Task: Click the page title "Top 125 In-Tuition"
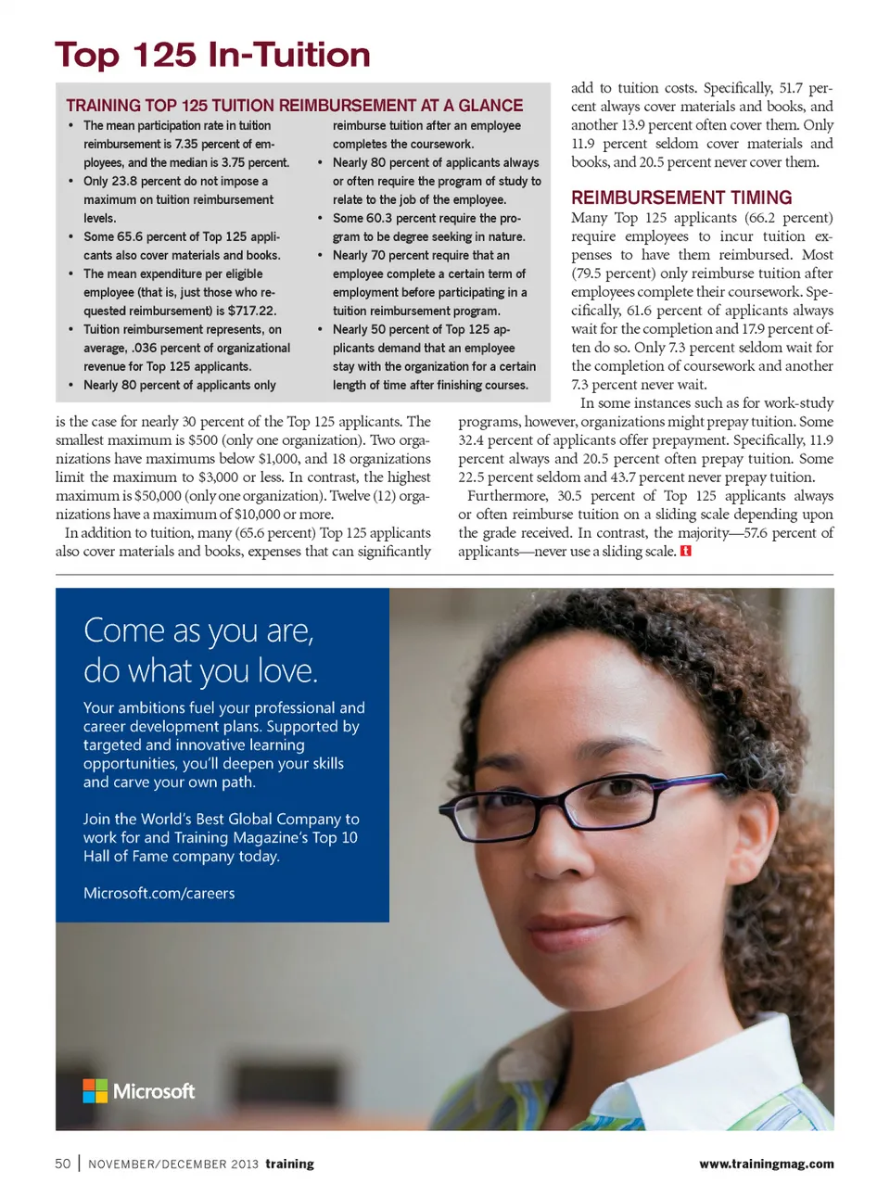[x=212, y=55]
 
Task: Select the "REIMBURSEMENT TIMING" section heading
[x=681, y=197]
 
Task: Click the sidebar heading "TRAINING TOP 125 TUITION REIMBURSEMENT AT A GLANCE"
[x=294, y=106]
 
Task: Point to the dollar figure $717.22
[x=252, y=311]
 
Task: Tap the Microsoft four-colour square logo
[x=95, y=1091]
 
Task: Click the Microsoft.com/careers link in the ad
[x=159, y=893]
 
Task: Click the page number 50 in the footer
[x=62, y=1164]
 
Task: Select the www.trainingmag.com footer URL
[x=766, y=1164]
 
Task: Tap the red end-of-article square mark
[x=686, y=551]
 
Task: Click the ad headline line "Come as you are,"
[x=198, y=630]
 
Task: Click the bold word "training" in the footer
[x=289, y=1164]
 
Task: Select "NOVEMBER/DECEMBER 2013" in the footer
[x=173, y=1164]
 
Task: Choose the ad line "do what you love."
[x=200, y=670]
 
